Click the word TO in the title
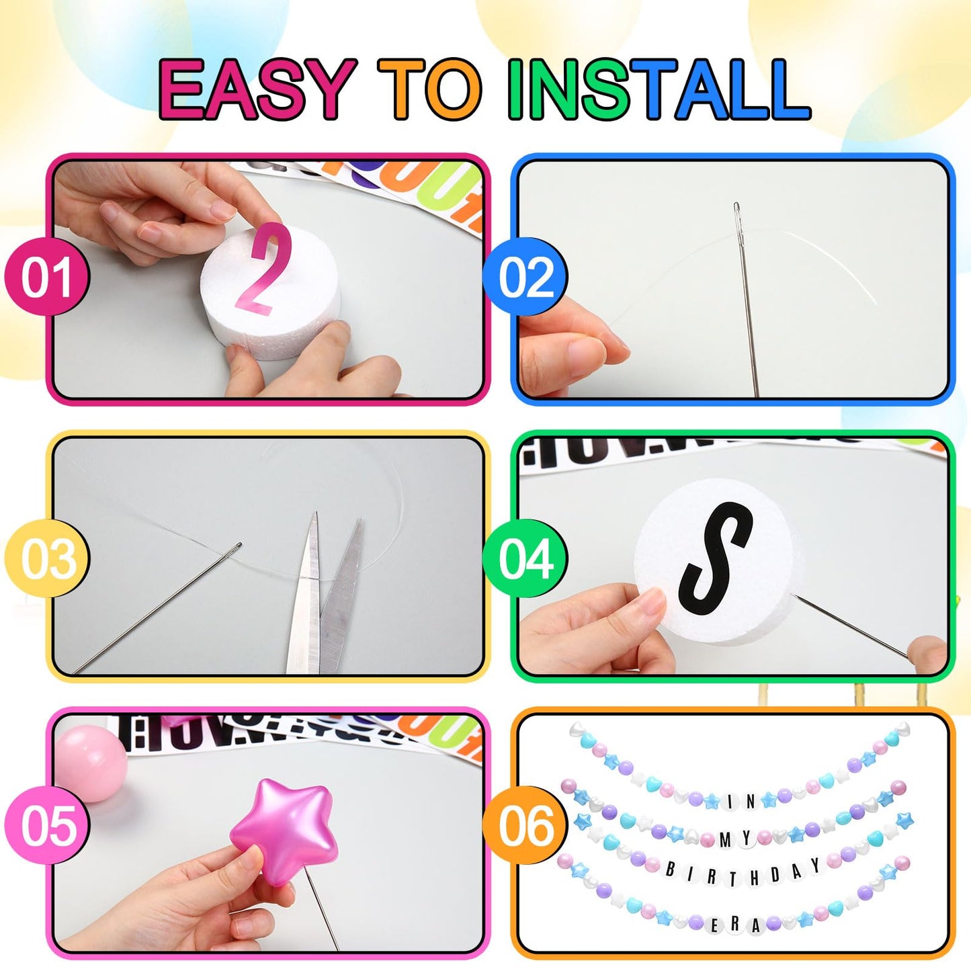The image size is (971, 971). point(430,89)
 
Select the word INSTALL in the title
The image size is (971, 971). point(659,89)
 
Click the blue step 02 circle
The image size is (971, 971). point(525,277)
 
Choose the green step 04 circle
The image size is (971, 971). point(525,558)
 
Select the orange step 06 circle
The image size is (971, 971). point(525,825)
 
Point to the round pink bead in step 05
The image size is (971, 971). point(91,763)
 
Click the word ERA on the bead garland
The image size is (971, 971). point(734,925)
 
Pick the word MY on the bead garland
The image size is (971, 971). point(735,839)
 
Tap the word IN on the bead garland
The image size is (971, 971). point(741,801)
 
